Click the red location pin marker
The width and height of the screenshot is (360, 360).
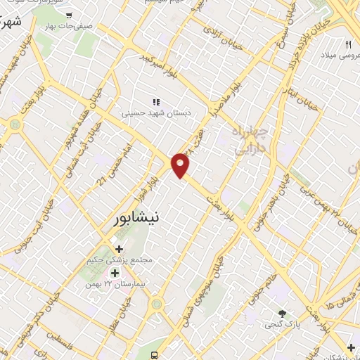[x=181, y=165]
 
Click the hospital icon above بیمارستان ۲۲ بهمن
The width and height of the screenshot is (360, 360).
[x=113, y=272]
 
